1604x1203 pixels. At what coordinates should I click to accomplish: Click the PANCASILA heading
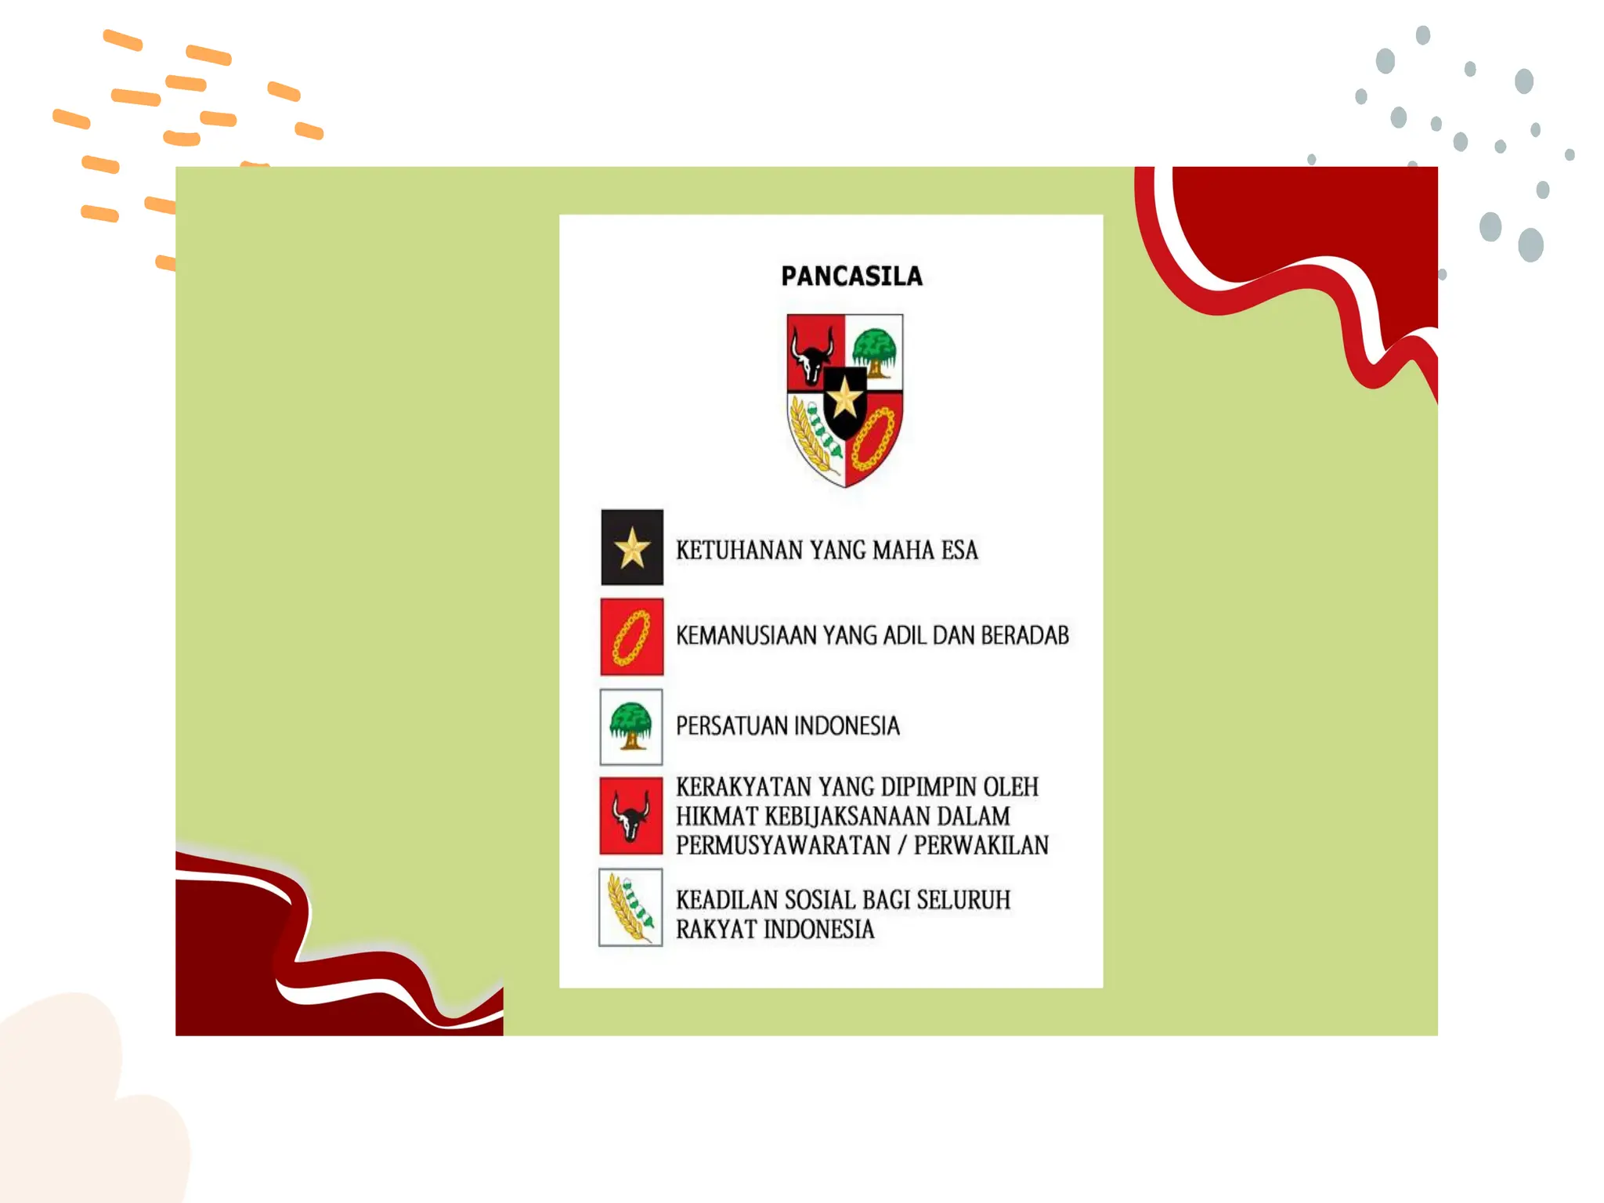point(851,276)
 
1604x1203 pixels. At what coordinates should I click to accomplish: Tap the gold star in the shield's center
point(844,399)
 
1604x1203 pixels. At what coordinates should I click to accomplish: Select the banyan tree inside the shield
point(874,350)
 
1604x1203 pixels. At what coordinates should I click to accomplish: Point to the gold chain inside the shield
point(873,438)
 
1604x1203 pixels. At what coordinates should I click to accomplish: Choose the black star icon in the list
point(632,547)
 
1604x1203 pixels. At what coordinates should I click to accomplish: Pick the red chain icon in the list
point(632,637)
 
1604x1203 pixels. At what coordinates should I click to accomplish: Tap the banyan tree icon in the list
point(631,727)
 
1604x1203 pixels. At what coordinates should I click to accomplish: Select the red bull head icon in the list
point(631,816)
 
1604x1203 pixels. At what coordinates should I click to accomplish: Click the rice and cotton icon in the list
point(631,908)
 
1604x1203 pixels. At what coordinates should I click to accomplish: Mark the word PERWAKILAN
point(981,846)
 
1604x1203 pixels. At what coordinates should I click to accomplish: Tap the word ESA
point(959,551)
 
